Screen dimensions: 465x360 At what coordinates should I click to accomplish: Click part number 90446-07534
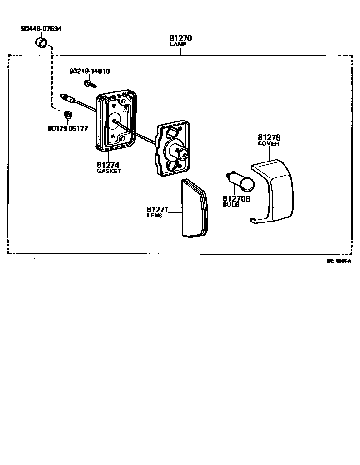point(41,29)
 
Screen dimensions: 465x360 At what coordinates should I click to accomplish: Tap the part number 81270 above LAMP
point(180,39)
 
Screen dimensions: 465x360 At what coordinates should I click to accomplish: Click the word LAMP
point(180,45)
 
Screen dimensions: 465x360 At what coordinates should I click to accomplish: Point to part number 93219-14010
point(90,71)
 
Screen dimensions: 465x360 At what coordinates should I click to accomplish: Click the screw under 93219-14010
point(90,84)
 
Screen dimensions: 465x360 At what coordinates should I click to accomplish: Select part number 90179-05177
point(68,129)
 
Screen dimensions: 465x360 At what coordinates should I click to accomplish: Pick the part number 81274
point(108,165)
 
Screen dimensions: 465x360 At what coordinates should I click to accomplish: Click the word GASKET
point(109,172)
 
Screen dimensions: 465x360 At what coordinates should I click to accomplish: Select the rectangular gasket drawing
point(116,121)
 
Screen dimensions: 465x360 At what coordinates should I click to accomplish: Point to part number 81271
point(157,210)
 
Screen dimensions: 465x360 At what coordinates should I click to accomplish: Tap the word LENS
point(155,216)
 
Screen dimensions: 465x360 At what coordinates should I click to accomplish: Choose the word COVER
point(269,143)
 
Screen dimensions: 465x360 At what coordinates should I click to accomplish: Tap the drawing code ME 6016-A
point(339,261)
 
